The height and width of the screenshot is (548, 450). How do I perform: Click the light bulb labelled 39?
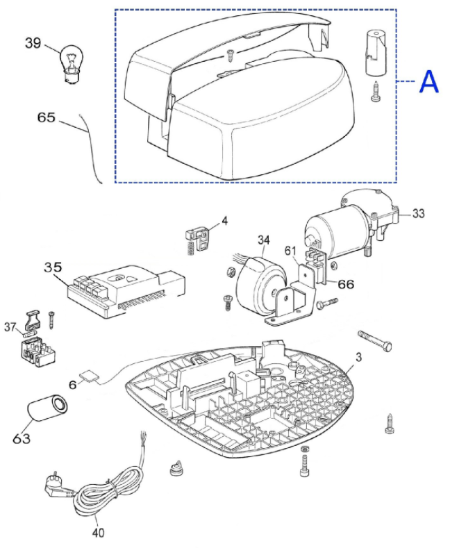coord(72,63)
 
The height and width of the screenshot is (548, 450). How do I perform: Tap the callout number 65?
coord(47,117)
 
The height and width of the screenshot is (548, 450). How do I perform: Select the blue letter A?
coord(429,82)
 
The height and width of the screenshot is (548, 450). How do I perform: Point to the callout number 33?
coord(418,213)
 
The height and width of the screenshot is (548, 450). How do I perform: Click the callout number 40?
coord(98,533)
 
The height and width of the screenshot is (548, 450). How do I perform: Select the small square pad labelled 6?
coord(89,376)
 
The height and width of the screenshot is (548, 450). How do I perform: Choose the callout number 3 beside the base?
coord(358,357)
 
